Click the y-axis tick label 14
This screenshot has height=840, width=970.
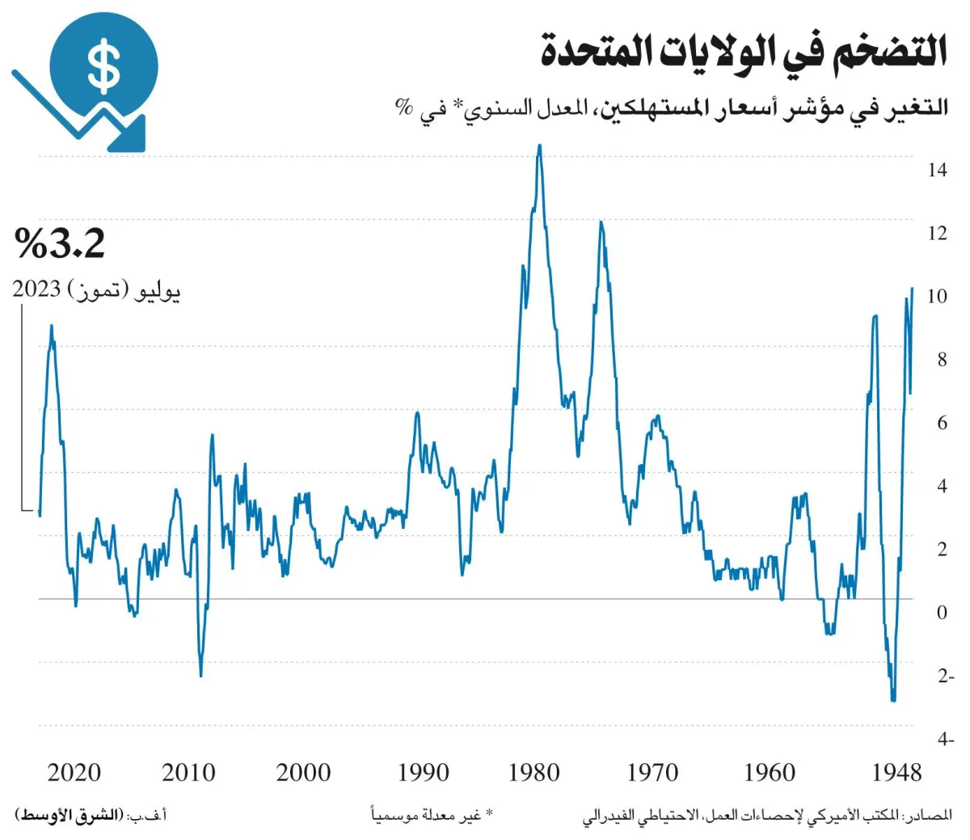click(x=937, y=171)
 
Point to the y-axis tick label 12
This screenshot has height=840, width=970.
click(x=937, y=234)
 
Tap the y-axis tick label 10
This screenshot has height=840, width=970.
click(x=937, y=297)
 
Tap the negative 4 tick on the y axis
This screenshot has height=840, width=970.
click(x=945, y=739)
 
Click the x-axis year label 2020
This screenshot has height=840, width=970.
click(x=74, y=773)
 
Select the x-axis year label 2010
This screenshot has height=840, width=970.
click(x=188, y=773)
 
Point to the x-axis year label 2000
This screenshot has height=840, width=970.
click(x=303, y=773)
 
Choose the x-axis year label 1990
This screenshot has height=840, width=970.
click(x=423, y=773)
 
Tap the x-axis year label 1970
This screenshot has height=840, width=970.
click(x=652, y=773)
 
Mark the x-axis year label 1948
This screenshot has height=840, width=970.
click(x=896, y=773)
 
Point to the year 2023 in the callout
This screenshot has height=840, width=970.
click(x=37, y=289)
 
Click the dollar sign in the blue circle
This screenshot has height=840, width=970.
click(x=104, y=66)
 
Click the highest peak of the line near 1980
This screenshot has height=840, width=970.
click(x=539, y=146)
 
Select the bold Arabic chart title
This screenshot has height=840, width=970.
click(x=744, y=50)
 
